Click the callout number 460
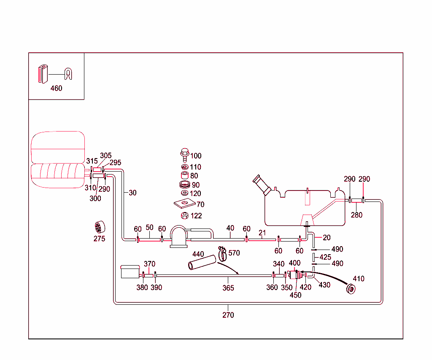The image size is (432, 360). [x=56, y=88]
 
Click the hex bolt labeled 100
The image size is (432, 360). [x=184, y=155]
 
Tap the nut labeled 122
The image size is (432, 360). [x=184, y=216]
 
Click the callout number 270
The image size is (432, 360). [x=228, y=315]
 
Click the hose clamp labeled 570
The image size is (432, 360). [x=223, y=253]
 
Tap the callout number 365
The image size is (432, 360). [x=228, y=288]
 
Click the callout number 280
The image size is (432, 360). [x=356, y=215]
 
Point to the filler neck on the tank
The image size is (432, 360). [x=262, y=185]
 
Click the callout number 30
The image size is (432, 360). [x=132, y=193]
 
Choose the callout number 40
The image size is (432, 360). [x=230, y=228]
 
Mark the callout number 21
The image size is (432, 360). [x=262, y=233]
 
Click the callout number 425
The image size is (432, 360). [x=325, y=257]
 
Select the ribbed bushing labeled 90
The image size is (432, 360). [x=184, y=185]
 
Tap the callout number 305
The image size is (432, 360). [x=105, y=156]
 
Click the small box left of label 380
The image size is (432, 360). [x=130, y=271]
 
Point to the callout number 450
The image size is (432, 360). [x=295, y=295]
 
